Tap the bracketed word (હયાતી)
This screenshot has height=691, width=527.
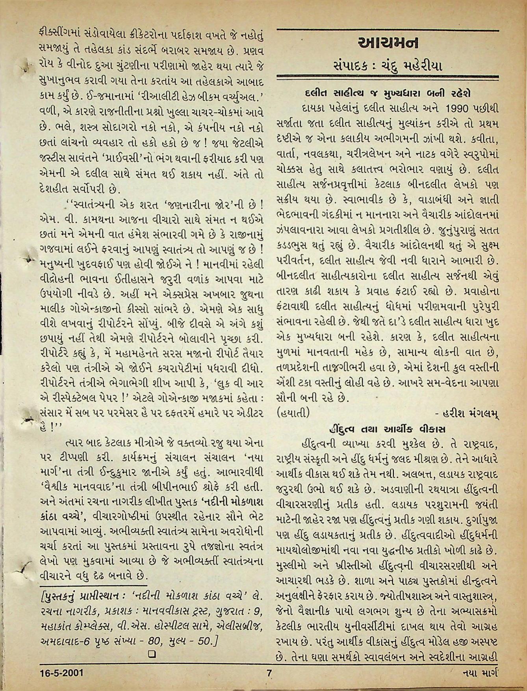(x=293, y=413)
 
